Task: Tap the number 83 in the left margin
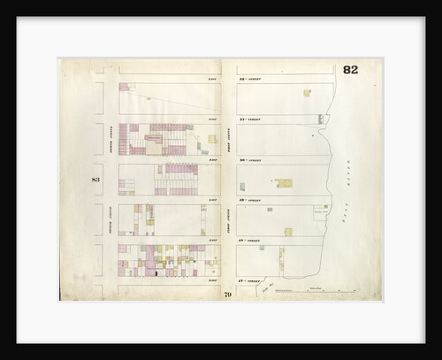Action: coord(96,180)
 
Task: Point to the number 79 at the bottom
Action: coord(227,293)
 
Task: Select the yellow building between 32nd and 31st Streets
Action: coord(307,92)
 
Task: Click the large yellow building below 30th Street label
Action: coord(285,183)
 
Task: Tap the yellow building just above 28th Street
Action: coord(287,232)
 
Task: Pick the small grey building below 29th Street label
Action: coord(270,210)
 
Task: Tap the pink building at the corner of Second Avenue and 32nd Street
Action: coord(124,87)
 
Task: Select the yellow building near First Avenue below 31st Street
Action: coord(212,138)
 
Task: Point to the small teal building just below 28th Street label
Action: coord(281,249)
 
